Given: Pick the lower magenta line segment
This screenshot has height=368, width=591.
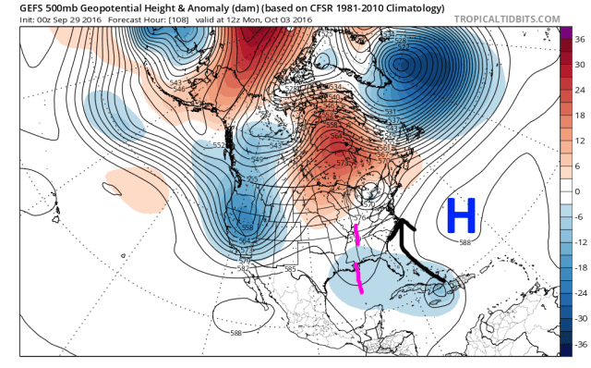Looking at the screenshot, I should click(359, 276).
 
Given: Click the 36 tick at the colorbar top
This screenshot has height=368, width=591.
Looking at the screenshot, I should click(580, 41).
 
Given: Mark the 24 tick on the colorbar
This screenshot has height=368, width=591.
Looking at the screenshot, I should click(580, 91).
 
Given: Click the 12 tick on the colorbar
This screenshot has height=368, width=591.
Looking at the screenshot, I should click(580, 141).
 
